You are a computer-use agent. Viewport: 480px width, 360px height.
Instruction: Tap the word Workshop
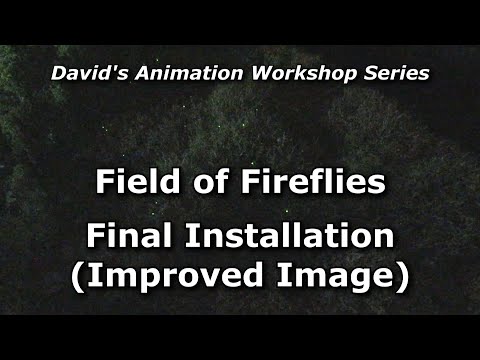click(x=284, y=73)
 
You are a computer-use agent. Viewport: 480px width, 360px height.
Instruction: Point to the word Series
click(x=389, y=73)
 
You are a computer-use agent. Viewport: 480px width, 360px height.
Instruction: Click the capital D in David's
click(x=58, y=73)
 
